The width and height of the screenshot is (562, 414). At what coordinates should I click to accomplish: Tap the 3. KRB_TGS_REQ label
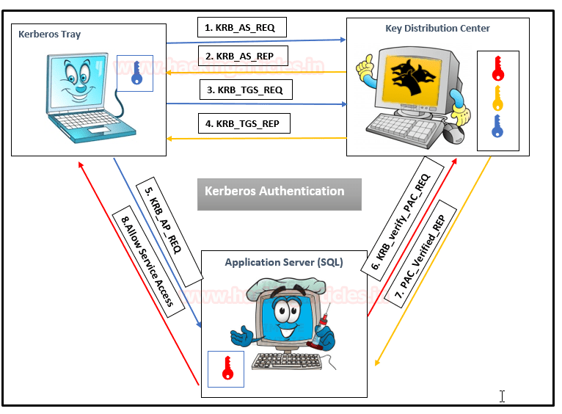tap(245, 90)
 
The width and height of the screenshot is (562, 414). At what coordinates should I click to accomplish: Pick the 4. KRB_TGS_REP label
tap(244, 123)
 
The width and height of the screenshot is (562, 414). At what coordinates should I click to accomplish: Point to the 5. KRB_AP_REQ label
tap(169, 234)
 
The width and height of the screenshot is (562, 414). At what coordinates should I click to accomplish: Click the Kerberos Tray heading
tap(51, 34)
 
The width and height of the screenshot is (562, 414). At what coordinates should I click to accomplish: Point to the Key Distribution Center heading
tap(437, 29)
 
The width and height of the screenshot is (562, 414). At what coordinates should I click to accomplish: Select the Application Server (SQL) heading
tap(284, 262)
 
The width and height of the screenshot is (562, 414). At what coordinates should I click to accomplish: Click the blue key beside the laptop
tap(135, 73)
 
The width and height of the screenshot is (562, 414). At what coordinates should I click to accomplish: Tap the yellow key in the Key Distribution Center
tap(497, 97)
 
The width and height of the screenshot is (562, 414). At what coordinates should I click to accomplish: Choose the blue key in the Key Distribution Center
tap(497, 126)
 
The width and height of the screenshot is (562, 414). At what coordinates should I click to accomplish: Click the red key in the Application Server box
tap(227, 368)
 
